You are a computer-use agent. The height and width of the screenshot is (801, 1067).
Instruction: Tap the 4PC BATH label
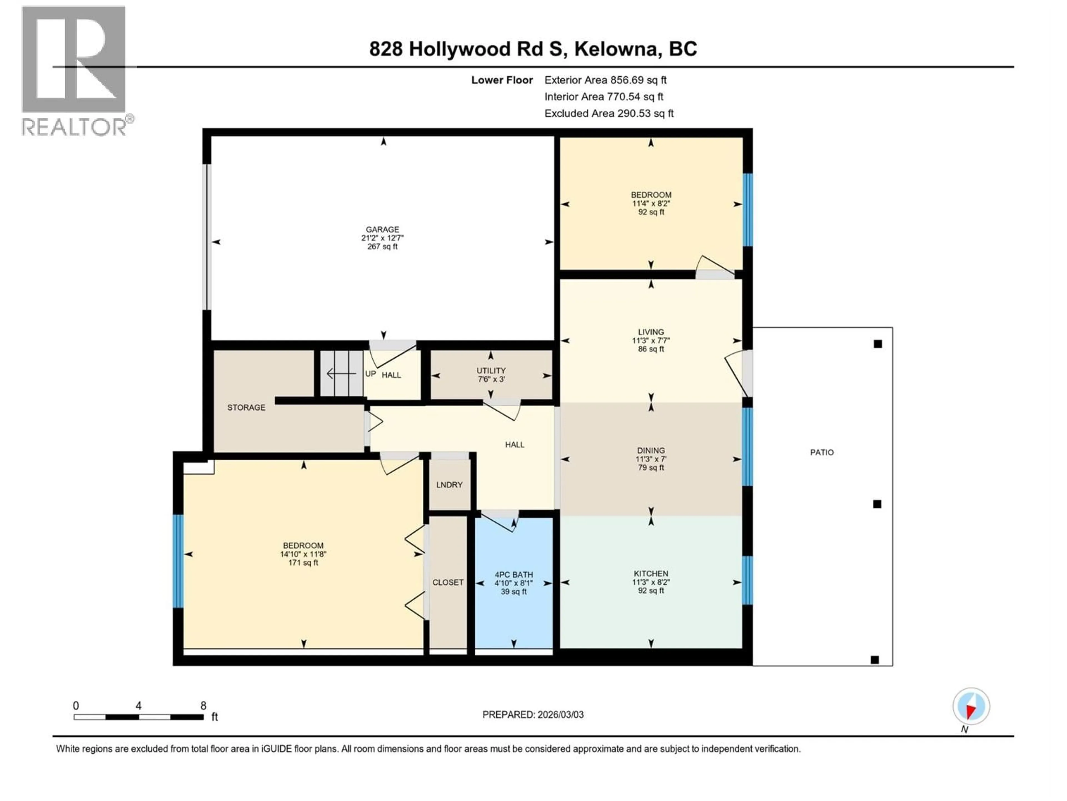coord(514,575)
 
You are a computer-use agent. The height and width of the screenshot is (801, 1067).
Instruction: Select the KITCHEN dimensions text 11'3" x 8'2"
coord(651,582)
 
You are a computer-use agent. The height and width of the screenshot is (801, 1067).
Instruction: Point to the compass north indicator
coord(971,707)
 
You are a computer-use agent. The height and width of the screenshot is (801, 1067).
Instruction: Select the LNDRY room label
coord(449,485)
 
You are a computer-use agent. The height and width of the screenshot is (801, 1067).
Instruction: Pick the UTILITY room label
coord(491,370)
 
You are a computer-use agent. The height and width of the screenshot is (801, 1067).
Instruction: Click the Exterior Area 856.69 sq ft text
coord(605,80)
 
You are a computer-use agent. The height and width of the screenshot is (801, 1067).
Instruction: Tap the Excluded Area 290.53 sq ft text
coord(609,113)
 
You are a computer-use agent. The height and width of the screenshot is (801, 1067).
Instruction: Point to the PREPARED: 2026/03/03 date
coord(533,715)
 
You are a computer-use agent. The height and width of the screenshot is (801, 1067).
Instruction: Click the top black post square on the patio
coord(878,344)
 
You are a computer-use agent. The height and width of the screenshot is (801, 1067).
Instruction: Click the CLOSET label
coord(448,582)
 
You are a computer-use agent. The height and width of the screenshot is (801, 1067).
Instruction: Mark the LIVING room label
coord(651,332)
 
